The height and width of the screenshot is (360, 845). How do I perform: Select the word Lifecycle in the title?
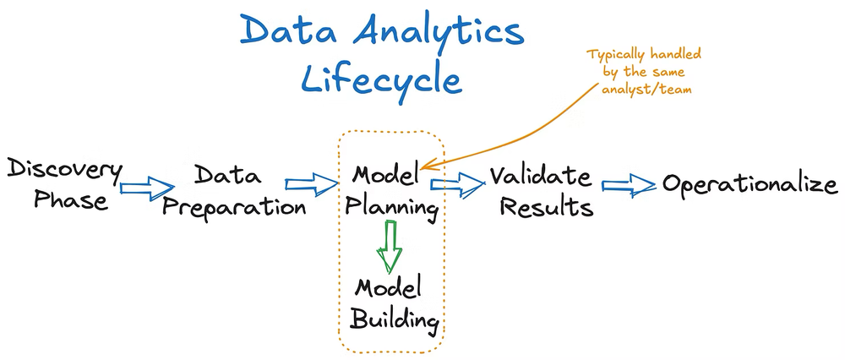coord(382,79)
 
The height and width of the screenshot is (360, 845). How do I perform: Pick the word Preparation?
coord(234,206)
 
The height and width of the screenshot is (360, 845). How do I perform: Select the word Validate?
coord(541,176)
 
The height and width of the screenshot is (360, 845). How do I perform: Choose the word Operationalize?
coord(750,184)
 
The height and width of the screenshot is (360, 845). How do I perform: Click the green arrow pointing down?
coord(390,246)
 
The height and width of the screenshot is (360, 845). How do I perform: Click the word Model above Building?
coord(388,288)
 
